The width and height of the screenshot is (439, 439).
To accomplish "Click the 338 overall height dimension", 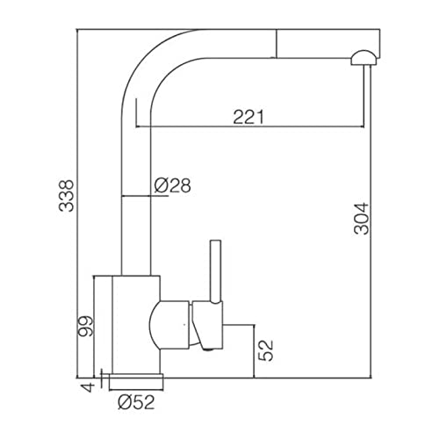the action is click(66, 196).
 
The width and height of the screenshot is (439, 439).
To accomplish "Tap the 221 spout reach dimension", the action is click(248, 117).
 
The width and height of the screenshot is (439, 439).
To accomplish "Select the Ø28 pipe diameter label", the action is click(172, 185).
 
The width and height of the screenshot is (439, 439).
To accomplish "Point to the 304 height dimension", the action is click(362, 219).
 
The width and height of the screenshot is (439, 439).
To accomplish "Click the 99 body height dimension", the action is click(86, 327).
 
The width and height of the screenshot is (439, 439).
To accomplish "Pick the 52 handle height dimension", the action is click(265, 350).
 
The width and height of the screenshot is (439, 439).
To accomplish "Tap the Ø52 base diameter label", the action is click(136, 402).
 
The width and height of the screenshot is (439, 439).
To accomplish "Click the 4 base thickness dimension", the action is click(88, 387).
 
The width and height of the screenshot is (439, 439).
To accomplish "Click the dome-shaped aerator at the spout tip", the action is click(363, 57).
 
